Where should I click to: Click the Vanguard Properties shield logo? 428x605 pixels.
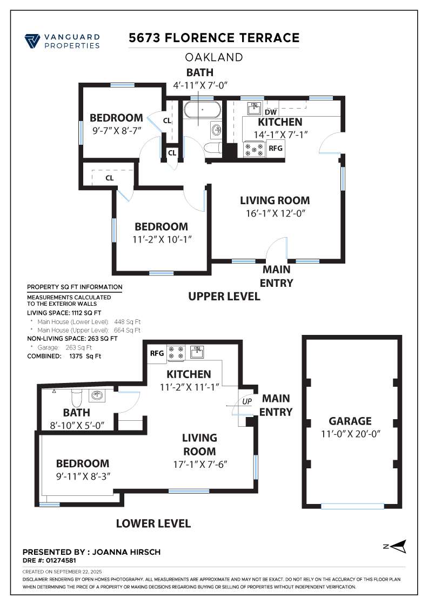tap(32, 41)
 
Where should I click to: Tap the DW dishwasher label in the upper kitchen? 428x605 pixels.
tap(271, 112)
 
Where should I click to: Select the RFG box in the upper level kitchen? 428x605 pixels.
tap(275, 149)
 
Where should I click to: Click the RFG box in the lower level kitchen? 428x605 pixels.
tap(157, 353)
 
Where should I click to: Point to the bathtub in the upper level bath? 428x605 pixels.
tap(202, 110)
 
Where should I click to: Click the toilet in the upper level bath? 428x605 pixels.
tap(213, 148)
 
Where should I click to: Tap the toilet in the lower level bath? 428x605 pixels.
tap(77, 397)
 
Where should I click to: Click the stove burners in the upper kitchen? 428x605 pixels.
tap(254, 149)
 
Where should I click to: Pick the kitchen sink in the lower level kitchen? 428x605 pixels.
tap(197, 352)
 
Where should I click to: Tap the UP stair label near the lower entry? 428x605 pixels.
tap(247, 401)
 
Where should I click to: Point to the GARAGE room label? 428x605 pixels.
tap(350, 421)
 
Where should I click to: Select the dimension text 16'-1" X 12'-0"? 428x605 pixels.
tap(276, 213)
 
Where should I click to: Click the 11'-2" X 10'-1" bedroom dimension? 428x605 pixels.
tap(162, 239)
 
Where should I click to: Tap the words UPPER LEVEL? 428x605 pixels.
tap(224, 297)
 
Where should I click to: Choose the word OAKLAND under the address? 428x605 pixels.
tap(214, 57)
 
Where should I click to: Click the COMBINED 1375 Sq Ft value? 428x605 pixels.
tap(85, 356)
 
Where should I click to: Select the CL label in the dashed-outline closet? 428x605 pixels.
tap(110, 178)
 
